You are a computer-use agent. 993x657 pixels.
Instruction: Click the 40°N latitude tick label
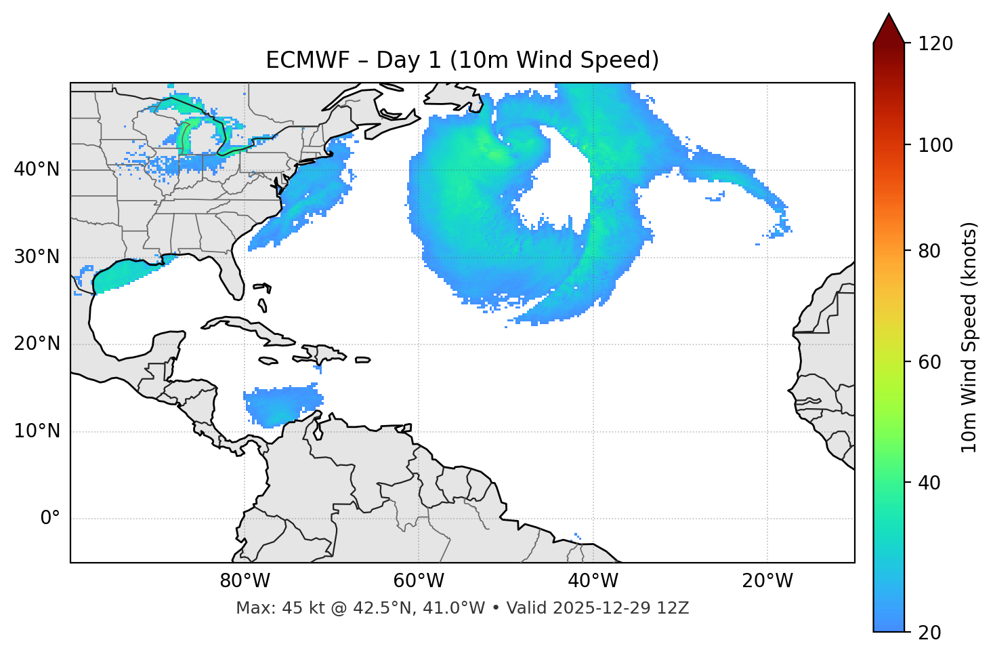37,170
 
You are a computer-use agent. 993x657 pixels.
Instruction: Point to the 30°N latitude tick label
37,257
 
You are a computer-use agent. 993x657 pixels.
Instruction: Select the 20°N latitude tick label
37,344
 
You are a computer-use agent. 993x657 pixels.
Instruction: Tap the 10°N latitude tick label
37,431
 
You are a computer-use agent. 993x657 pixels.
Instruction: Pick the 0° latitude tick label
50,519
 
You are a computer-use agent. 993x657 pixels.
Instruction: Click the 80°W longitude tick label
245,581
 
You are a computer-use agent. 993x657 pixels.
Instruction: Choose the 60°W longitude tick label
418,581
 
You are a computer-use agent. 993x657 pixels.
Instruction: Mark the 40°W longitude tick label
593,581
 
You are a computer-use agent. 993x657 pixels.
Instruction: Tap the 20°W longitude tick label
767,581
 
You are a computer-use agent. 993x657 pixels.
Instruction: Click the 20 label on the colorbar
929,633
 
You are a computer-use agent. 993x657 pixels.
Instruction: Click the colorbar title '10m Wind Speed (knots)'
969,337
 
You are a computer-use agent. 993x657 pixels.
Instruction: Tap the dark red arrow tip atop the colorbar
889,27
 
